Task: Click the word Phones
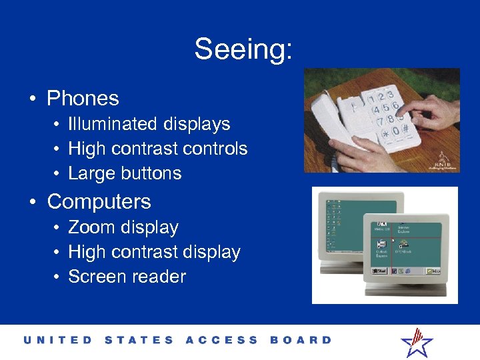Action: pyautogui.click(x=83, y=99)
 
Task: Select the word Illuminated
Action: pyautogui.click(x=109, y=124)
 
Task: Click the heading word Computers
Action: pyautogui.click(x=99, y=201)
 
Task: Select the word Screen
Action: pyautogui.click(x=97, y=277)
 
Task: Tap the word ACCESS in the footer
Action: pyautogui.click(x=221, y=340)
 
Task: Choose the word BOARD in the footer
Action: pyautogui.click(x=301, y=340)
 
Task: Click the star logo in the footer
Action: pyautogui.click(x=417, y=342)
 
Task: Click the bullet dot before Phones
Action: pyautogui.click(x=32, y=99)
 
